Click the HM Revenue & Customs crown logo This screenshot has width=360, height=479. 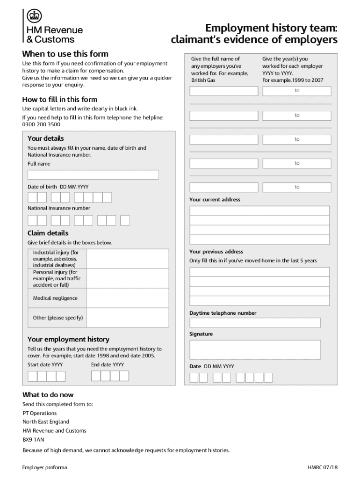pos(33,16)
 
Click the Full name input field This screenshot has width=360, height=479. pos(93,175)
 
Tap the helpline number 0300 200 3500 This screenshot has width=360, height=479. pos(41,125)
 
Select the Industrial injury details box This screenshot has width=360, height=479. pos(128,259)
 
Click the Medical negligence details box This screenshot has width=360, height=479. pos(128,298)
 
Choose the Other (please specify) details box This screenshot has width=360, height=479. pos(128,318)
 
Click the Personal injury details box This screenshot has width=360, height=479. pos(128,278)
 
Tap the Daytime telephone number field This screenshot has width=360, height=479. pos(255,323)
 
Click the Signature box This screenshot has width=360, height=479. pos(255,349)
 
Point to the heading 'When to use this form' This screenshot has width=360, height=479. pos(65,54)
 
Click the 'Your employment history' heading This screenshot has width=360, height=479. pos(68,339)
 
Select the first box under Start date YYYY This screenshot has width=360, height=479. pos(32,376)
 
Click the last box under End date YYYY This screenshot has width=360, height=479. pos(124,376)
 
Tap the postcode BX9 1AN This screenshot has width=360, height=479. pos(33,440)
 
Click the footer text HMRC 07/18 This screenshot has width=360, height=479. pos(322,467)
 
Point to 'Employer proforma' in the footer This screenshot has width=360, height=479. pos(45,467)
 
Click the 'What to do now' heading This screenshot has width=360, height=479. pos(48,395)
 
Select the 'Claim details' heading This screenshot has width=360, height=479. pos(48,233)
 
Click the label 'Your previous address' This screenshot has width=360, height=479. pos(216,252)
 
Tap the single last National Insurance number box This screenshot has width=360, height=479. pos(125,220)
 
